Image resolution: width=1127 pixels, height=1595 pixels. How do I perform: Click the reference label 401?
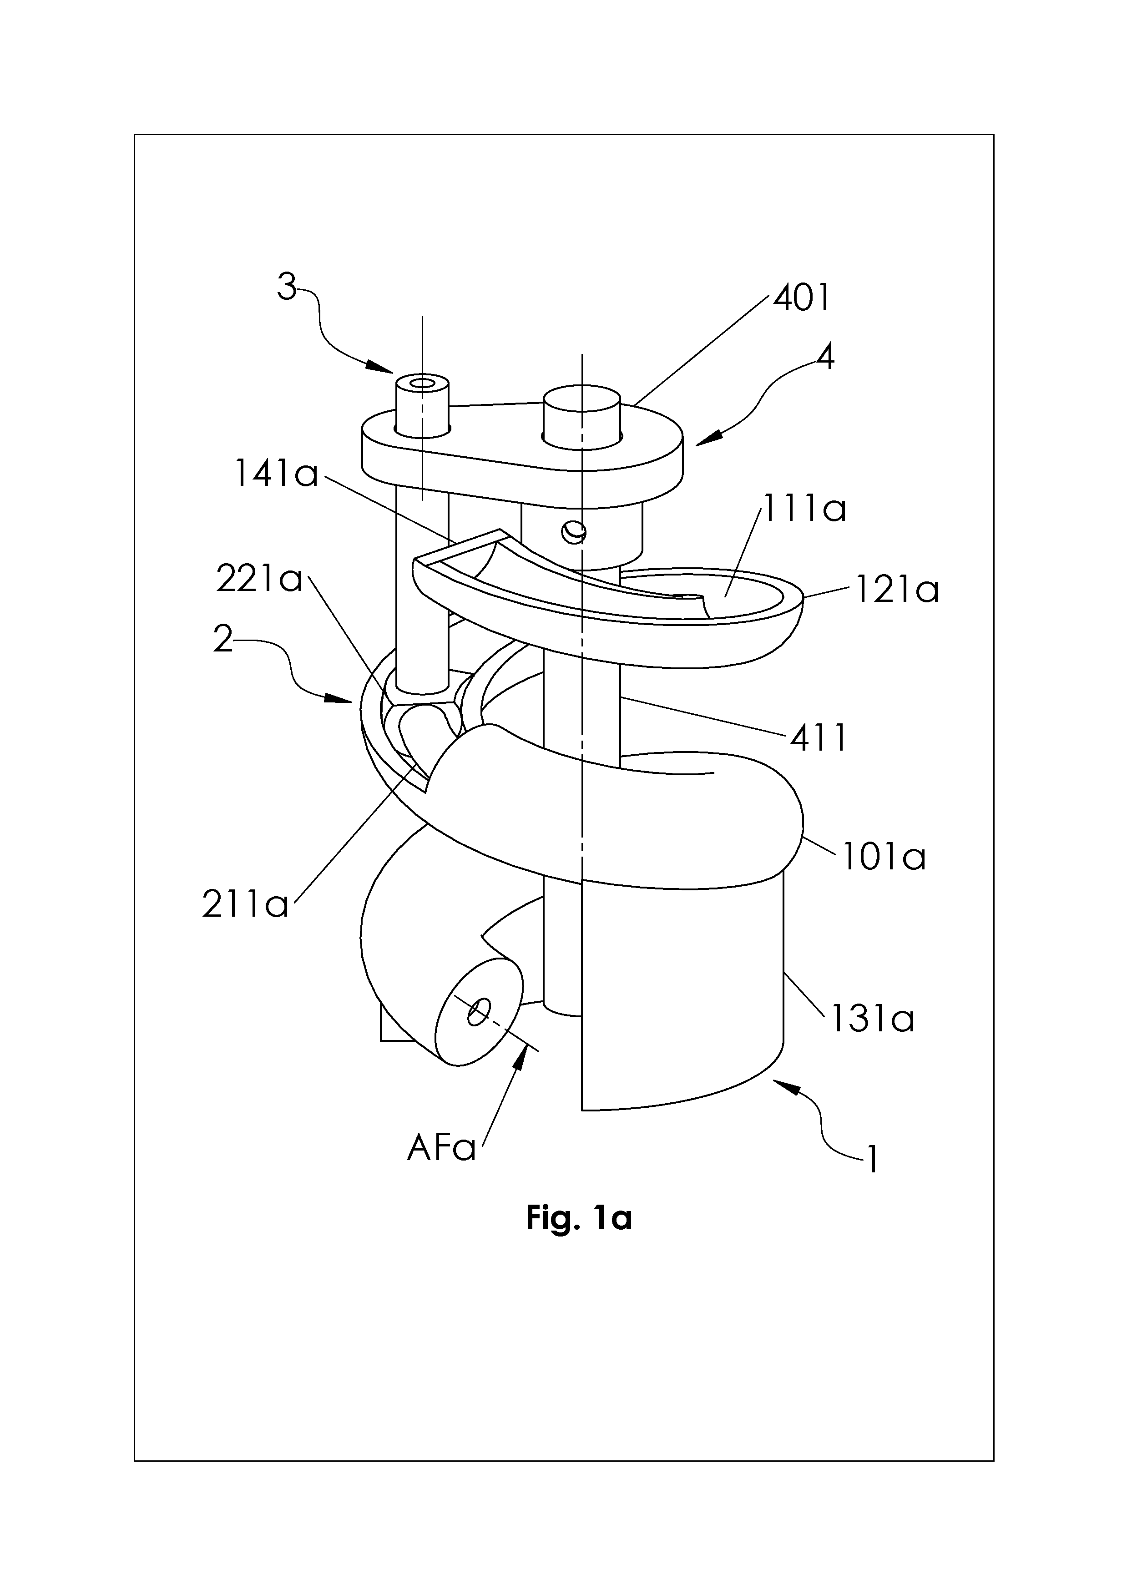click(x=802, y=298)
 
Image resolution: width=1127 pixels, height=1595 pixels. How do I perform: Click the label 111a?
click(x=804, y=509)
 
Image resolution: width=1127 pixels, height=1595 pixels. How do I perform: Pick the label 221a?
click(x=260, y=579)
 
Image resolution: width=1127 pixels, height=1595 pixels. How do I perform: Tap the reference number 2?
click(x=223, y=638)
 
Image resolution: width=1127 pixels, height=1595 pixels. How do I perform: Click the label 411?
click(x=819, y=738)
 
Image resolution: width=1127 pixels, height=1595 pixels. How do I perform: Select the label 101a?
click(x=884, y=857)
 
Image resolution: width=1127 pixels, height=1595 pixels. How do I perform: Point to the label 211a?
click(x=245, y=904)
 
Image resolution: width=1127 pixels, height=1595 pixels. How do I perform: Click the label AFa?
click(x=441, y=1148)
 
